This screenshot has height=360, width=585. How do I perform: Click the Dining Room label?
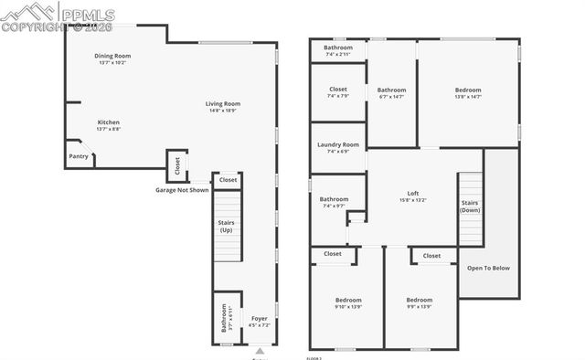(x=112, y=56)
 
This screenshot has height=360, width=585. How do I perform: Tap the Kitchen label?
(x=109, y=122)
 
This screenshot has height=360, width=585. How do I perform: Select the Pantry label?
(x=79, y=156)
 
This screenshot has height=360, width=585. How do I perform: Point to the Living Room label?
(x=222, y=103)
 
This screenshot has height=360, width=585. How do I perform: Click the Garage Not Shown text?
(x=181, y=190)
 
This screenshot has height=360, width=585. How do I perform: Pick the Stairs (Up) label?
(x=227, y=226)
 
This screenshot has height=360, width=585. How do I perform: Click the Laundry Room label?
(x=338, y=144)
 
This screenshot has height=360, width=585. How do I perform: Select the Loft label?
(x=413, y=193)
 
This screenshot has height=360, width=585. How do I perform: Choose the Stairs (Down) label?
(x=470, y=206)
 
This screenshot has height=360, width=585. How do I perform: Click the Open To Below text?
(x=488, y=268)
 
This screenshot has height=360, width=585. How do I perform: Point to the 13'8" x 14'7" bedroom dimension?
(x=468, y=97)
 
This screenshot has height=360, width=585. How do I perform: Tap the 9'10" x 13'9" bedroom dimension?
(x=347, y=307)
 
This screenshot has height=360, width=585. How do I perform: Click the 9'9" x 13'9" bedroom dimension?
(x=420, y=307)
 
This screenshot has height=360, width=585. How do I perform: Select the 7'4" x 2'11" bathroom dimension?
(x=337, y=54)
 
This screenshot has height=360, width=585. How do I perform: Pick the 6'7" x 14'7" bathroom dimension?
(x=392, y=97)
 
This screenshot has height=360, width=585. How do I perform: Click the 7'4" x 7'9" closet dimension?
(x=337, y=97)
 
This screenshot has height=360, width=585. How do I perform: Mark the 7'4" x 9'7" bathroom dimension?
(x=334, y=206)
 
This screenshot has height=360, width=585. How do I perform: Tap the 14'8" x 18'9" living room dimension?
(x=222, y=111)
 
